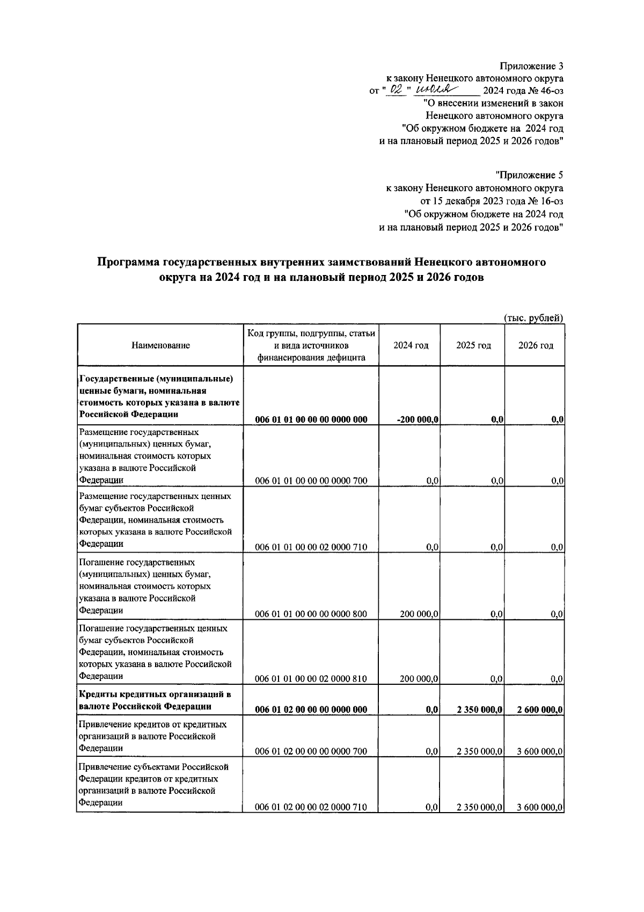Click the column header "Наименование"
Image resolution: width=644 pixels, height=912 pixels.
[x=160, y=345]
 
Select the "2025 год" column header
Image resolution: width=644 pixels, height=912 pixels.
[x=473, y=345]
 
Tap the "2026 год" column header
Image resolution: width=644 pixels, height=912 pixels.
[x=535, y=345]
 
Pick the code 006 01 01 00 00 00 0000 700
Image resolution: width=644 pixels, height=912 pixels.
[x=311, y=481]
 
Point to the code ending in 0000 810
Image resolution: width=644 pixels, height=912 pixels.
[x=311, y=678]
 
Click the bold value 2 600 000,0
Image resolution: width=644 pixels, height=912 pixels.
[x=539, y=710]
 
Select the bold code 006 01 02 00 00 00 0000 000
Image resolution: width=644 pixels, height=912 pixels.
[x=311, y=710]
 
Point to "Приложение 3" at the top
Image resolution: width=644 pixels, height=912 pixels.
[x=531, y=66]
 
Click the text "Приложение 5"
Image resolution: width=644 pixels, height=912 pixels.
[x=529, y=175]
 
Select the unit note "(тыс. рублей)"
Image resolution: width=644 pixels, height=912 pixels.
[x=533, y=317]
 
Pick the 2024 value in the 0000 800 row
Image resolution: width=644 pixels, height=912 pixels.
[x=419, y=614]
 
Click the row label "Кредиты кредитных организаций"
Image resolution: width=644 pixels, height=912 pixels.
[x=154, y=694]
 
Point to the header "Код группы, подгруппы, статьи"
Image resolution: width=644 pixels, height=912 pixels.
[x=311, y=333]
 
